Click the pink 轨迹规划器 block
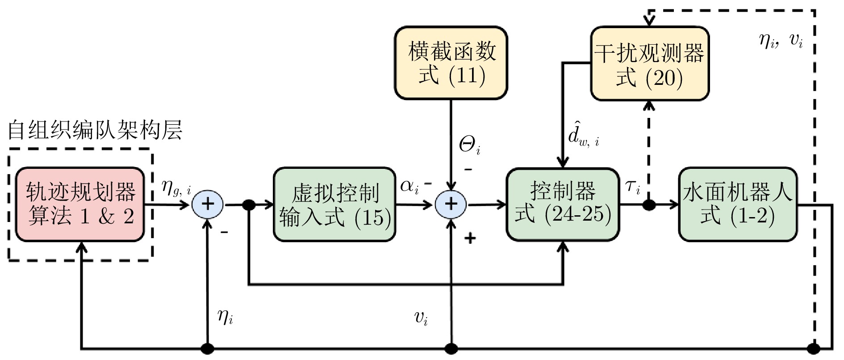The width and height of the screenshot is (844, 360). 80,205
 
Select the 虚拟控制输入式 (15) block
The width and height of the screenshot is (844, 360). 334,205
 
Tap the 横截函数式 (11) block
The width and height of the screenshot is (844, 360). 451,63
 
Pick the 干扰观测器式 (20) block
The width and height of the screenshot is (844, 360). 649,64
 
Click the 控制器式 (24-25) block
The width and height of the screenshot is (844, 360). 563,205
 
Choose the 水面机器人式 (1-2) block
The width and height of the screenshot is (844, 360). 737,205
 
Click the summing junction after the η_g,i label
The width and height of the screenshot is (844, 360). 208,205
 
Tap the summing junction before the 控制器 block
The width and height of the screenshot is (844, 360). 451,205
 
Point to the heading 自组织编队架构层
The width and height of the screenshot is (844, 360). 95,130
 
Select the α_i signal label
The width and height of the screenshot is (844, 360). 409,186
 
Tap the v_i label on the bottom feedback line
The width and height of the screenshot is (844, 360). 421,318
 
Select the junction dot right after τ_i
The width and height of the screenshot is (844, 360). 649,205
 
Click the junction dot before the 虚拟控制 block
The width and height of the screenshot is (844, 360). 248,205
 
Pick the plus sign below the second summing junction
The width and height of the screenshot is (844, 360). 470,238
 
